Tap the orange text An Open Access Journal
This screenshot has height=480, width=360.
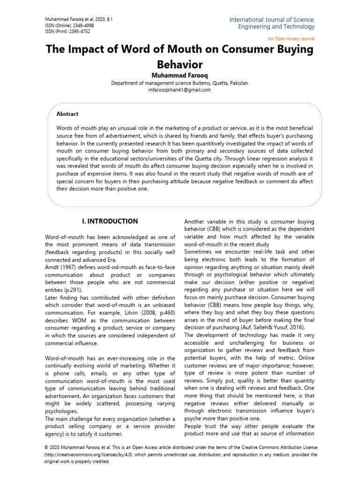291,38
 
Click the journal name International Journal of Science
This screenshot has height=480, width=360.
272,20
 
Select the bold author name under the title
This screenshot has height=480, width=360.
180,75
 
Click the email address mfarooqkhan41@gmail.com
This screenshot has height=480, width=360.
180,90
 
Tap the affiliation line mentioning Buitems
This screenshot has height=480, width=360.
180,83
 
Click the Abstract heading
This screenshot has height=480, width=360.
67,114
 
